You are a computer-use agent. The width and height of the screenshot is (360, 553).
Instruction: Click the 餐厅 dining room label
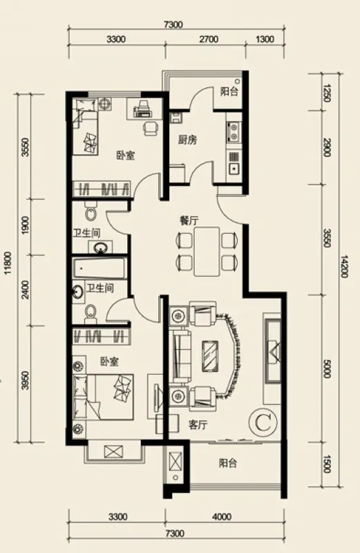point(189,221)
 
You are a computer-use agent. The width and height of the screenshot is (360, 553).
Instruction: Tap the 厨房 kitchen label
point(187,140)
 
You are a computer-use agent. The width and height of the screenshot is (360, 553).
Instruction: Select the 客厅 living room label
point(198,425)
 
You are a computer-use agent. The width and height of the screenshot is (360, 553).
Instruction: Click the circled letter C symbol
point(263,422)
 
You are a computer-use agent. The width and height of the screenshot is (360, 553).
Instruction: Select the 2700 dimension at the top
point(209,39)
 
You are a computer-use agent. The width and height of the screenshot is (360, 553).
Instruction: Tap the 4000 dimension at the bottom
point(222,516)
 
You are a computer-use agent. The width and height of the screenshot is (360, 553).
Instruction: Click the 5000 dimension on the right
point(327,368)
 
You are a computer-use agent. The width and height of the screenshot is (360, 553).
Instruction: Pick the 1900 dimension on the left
point(25,225)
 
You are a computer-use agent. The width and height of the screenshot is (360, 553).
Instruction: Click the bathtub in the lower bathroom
point(99,268)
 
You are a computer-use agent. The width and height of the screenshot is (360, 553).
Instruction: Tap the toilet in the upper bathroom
point(91,212)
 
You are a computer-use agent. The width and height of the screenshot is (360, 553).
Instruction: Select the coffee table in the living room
point(211,356)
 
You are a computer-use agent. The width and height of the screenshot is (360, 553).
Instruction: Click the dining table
point(207,251)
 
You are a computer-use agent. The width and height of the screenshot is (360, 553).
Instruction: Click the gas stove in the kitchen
point(234,131)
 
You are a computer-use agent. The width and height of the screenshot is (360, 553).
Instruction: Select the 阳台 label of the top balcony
point(229,91)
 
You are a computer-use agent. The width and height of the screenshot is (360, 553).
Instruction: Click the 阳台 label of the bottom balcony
point(228,462)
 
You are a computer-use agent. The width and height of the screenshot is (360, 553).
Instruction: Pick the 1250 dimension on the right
point(327,93)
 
